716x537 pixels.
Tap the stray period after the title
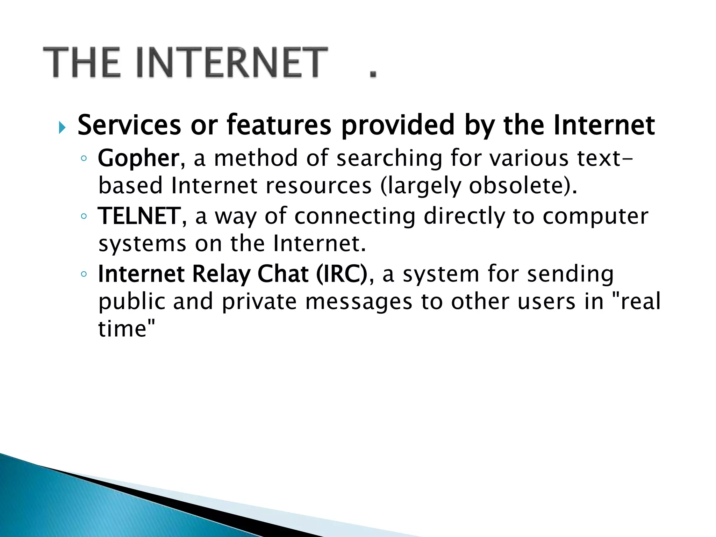tap(373, 73)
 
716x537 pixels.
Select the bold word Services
tap(129, 125)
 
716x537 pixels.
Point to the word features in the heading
tap(279, 125)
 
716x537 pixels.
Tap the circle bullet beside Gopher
tap(84, 158)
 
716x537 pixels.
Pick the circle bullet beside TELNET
tap(84, 216)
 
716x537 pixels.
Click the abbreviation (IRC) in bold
tap(342, 274)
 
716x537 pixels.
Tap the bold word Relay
tap(221, 274)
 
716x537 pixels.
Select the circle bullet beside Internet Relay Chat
tap(84, 274)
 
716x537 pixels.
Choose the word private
tap(259, 302)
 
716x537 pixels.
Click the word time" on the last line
tap(126, 329)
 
